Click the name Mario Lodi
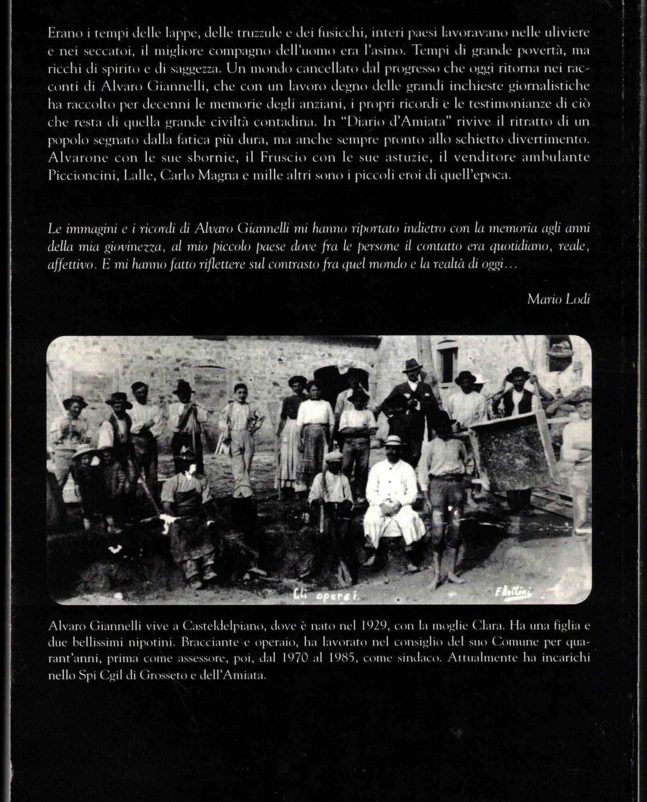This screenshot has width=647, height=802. pos(558,299)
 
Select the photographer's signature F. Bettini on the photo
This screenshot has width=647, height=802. pos(513,592)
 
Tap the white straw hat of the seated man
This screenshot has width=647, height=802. pos(393,440)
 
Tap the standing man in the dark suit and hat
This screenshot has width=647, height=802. pos(411,405)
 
